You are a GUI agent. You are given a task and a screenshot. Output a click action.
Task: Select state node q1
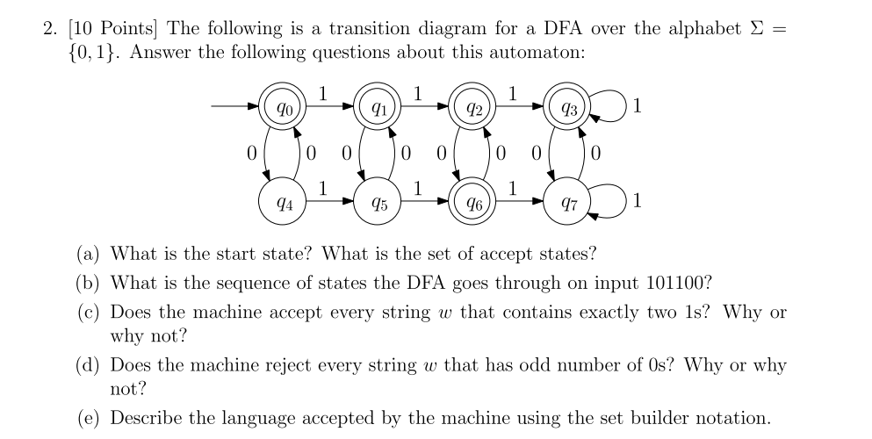coord(378,109)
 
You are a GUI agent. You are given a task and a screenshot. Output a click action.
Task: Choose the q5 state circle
coord(378,204)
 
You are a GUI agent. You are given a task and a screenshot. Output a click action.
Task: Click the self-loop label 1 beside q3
coord(637,109)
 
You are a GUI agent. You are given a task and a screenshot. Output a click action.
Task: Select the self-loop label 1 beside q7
coord(637,204)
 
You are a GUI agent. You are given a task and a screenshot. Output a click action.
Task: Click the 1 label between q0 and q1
coord(323,92)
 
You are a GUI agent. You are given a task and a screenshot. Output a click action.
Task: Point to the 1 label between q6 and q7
coord(514,187)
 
